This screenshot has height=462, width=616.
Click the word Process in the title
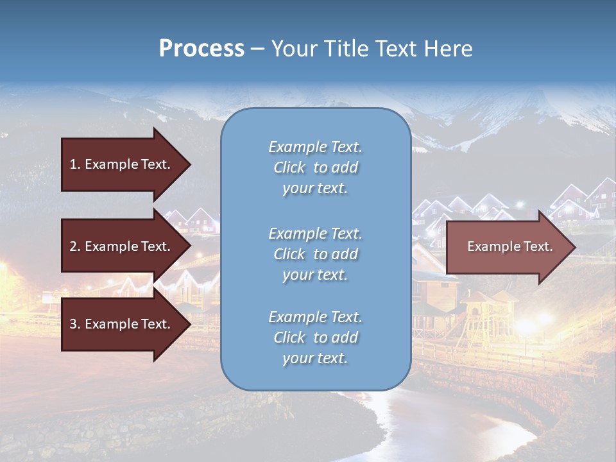coord(201,49)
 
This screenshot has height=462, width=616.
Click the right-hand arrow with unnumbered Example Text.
coord(510,246)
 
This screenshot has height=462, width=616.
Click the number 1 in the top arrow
coord(73,164)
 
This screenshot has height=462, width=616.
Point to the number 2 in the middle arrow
coord(73,246)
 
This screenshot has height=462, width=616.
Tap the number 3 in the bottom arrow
coord(73,324)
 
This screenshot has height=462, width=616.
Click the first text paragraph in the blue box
coord(315,167)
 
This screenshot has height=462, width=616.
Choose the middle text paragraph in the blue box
coord(315,254)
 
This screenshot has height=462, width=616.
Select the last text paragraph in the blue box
coord(315,338)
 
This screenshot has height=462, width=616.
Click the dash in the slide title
coord(257,49)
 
